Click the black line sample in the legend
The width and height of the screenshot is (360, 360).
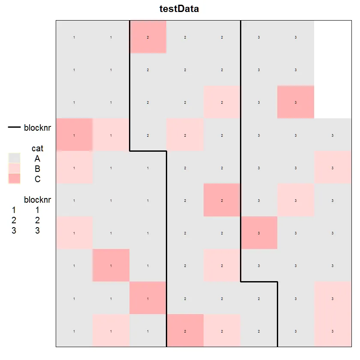[14, 127]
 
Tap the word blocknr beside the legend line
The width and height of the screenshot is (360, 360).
[38, 127]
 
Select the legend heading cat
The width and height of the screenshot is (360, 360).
[37, 148]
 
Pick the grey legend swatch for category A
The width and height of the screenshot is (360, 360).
[14, 159]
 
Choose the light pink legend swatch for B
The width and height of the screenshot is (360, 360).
[14, 169]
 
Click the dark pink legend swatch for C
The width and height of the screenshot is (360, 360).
[14, 179]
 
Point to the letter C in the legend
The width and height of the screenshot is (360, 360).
[38, 179]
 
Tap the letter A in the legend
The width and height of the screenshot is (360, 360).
[38, 159]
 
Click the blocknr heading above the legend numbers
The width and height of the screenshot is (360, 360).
[38, 200]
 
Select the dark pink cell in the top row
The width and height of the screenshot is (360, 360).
[148, 37]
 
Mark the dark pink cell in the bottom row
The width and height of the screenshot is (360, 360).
[185, 330]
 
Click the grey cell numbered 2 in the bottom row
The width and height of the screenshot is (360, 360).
[259, 330]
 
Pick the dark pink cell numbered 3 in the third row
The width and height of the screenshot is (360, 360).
[296, 102]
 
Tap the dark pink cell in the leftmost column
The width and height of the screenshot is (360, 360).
[74, 135]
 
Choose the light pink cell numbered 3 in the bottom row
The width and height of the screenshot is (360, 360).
[333, 330]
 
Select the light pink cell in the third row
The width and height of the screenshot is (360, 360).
[222, 102]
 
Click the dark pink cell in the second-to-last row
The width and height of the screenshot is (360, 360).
[148, 298]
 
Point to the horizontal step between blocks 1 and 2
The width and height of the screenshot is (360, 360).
[148, 151]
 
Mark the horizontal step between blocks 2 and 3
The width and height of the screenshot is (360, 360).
[259, 282]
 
